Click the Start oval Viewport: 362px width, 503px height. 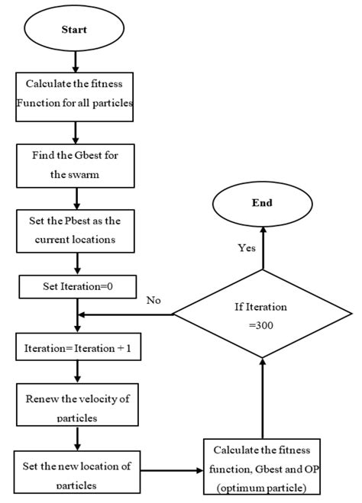[x=75, y=30]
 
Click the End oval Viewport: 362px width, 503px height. [x=263, y=204]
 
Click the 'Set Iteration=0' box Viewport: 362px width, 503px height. [x=75, y=288]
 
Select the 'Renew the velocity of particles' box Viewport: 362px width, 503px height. [x=75, y=408]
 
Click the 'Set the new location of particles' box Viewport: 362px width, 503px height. [x=75, y=469]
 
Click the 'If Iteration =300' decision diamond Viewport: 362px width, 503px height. [x=263, y=314]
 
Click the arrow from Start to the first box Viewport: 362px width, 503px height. [x=75, y=60]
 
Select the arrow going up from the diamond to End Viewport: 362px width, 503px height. [x=263, y=248]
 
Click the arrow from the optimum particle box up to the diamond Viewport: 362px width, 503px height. [x=263, y=401]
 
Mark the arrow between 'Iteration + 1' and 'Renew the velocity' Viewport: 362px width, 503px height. [x=75, y=372]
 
